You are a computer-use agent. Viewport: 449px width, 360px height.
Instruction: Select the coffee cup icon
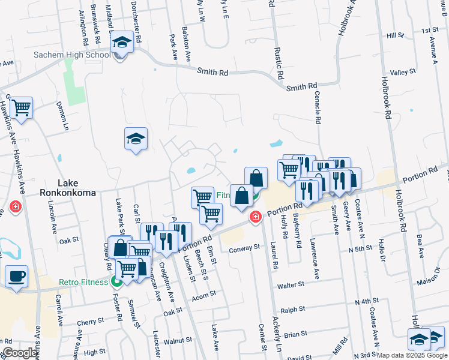(16, 276)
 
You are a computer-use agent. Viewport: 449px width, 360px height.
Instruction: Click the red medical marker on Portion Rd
(256, 216)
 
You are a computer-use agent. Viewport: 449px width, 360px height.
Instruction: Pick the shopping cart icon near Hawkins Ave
(22, 108)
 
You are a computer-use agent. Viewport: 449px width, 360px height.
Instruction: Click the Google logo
(20, 353)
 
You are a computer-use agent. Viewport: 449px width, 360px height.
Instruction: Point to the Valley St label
(403, 73)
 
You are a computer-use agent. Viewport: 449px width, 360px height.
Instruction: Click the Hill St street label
(396, 36)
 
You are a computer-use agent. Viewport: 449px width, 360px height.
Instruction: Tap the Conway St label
(246, 247)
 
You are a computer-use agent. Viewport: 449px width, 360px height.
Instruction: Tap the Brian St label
(295, 333)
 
